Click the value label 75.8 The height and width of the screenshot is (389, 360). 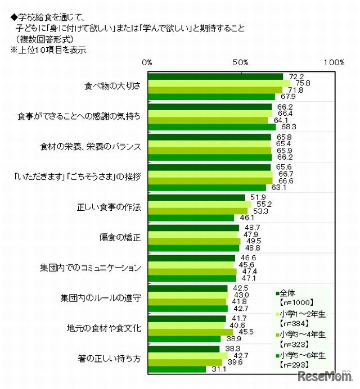coord(303,83)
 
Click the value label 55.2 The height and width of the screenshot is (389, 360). coord(264,204)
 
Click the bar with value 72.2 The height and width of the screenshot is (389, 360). coord(215,76)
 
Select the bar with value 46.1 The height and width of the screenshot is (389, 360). coord(191,218)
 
